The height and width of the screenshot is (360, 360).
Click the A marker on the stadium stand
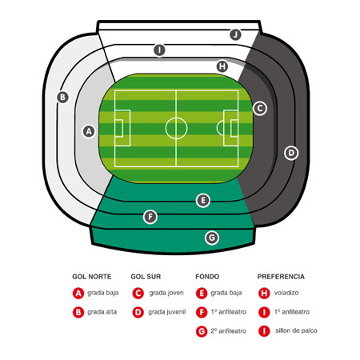pos(89,131)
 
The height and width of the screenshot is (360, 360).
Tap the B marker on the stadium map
pos(62,97)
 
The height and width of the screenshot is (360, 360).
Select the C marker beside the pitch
pos(259,109)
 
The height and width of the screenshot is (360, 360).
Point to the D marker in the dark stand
pos(291,153)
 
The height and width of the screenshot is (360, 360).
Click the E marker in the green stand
pos(203,200)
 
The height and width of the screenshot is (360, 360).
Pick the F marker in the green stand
pos(150,217)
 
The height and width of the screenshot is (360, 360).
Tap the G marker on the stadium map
pos(212,238)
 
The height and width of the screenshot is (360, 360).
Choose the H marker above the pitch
pos(222,66)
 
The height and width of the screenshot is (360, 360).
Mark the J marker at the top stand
pos(235,34)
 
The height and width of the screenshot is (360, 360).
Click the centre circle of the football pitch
pos(176,118)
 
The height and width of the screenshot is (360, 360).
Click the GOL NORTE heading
pos(92,277)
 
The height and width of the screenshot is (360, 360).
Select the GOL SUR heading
pos(146,277)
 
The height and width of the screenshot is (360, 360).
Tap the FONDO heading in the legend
pos(207,277)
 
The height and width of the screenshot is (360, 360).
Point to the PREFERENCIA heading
pos(281,277)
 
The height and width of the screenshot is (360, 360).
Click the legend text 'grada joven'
pos(166,293)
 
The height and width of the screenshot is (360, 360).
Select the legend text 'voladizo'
pos(286,293)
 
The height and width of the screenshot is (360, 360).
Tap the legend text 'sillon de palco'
pos(296,330)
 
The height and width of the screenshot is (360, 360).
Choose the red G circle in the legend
pos(202,331)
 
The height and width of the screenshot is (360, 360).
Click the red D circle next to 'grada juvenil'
pos(138,312)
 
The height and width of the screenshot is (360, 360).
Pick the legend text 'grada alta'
pos(102,312)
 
